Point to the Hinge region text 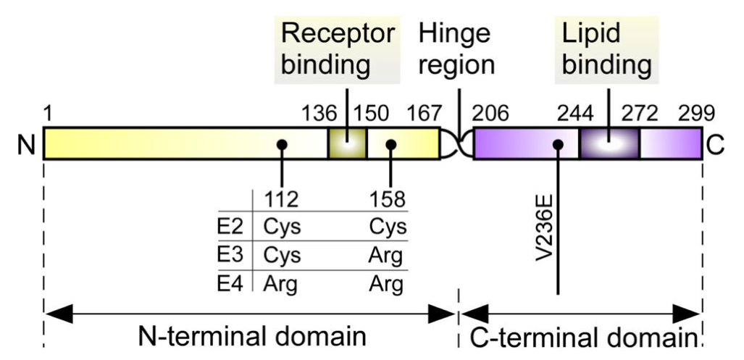[456, 49]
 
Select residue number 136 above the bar [319, 114]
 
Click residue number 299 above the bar [697, 114]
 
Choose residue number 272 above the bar [639, 114]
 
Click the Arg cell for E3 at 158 [388, 256]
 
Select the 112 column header [281, 199]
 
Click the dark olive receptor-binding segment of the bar [347, 143]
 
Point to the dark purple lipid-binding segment [609, 143]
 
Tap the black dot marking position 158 [391, 145]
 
